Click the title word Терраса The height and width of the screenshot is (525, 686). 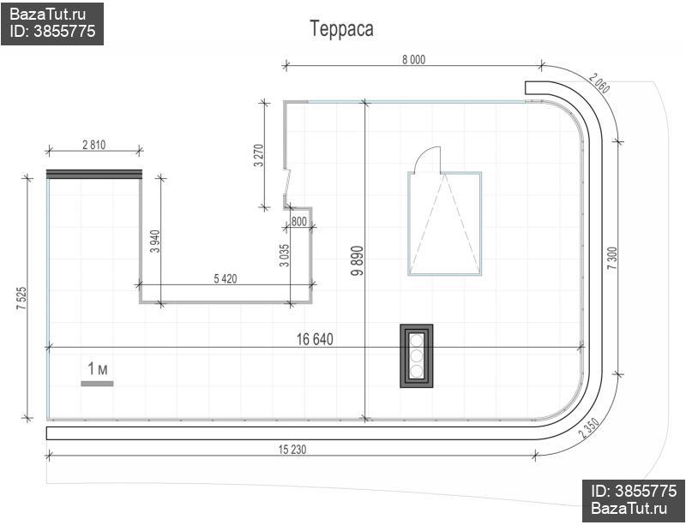coord(341,29)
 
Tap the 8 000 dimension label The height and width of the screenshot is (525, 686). coord(413,59)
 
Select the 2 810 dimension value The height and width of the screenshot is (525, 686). coord(94,145)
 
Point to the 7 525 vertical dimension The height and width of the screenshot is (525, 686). coord(21,299)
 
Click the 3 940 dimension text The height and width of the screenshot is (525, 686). coord(155,242)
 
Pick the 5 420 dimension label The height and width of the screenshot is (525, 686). coord(226,278)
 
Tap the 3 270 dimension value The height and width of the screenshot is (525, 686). coord(259,155)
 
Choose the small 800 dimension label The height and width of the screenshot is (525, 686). coord(298,222)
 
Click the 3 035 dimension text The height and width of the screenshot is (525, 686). coord(285,255)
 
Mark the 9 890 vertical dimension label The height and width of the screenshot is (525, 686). coord(358,261)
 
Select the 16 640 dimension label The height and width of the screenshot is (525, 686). coord(315,339)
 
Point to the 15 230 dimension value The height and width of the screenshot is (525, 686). coord(292,449)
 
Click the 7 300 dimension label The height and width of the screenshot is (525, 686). coord(612,258)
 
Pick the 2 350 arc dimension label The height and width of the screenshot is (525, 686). coord(589,428)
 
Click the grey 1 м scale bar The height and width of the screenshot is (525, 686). coord(97,384)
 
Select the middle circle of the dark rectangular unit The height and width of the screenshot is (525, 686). coord(417,355)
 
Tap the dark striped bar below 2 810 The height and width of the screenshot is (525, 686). coord(94,174)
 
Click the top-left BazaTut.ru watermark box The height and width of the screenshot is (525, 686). coord(52,23)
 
